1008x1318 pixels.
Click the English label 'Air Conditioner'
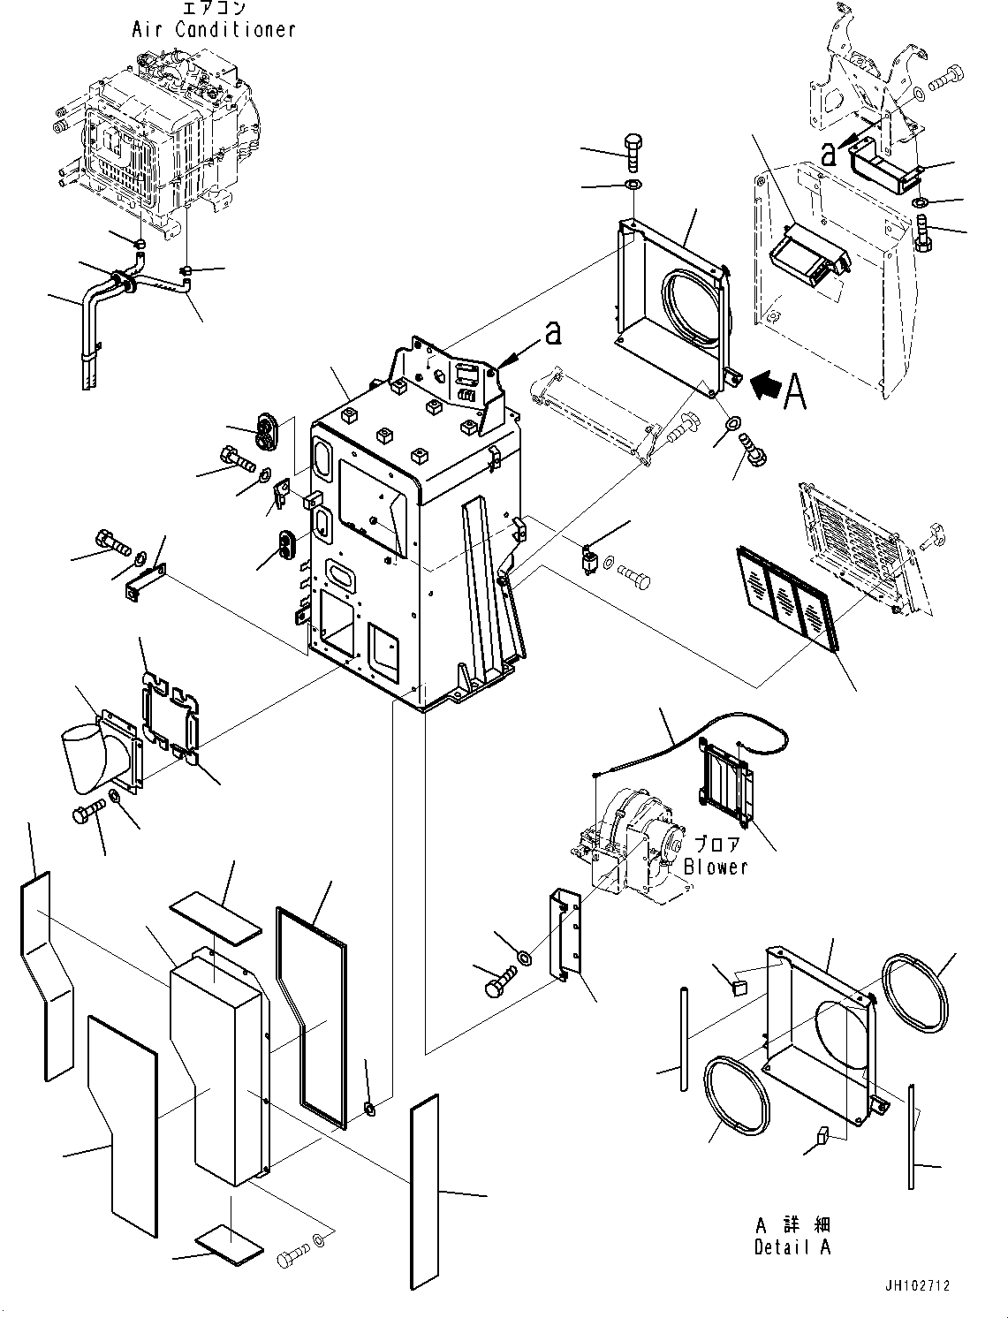click(214, 29)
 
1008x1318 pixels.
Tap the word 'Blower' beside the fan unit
click(716, 867)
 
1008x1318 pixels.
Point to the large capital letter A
click(795, 391)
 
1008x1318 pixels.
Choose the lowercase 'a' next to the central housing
click(553, 335)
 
